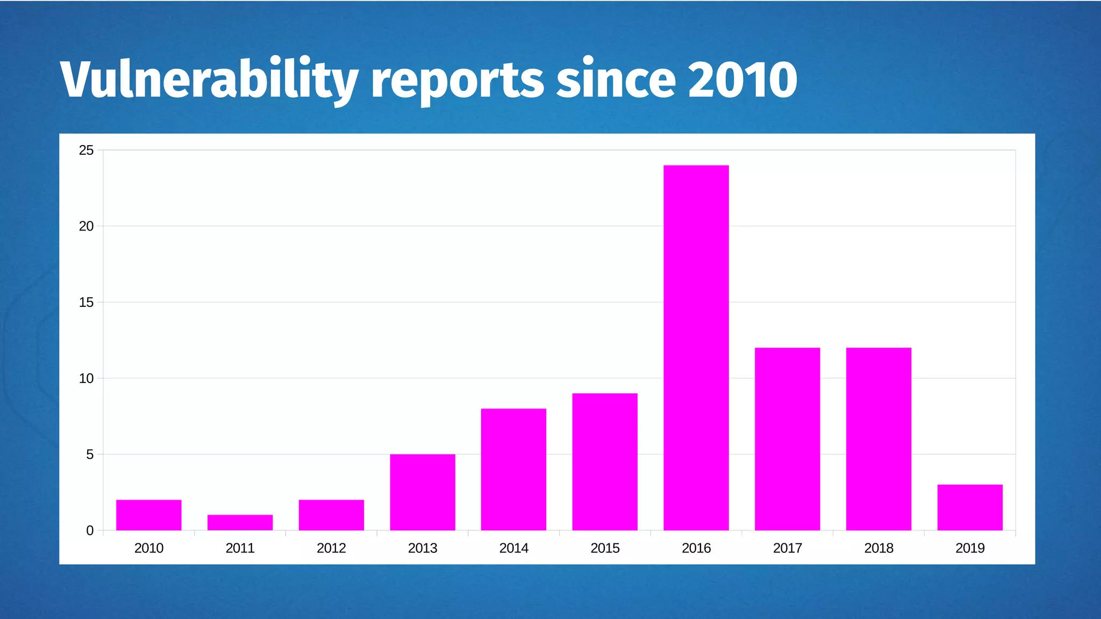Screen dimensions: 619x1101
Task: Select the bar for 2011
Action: pyautogui.click(x=240, y=523)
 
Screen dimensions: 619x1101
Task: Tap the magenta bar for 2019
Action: pyautogui.click(x=970, y=507)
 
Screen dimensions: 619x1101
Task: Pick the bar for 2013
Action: pyautogui.click(x=423, y=492)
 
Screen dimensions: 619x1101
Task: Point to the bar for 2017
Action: pyautogui.click(x=787, y=439)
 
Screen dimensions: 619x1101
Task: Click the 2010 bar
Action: pyautogui.click(x=149, y=515)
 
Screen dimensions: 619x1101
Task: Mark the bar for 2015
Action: pyautogui.click(x=605, y=462)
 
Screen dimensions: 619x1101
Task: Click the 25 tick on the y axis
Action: pyautogui.click(x=86, y=150)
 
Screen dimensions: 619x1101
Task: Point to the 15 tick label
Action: pyautogui.click(x=86, y=303)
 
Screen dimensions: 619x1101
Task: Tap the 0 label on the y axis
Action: pyautogui.click(x=90, y=531)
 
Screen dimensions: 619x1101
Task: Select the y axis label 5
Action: pyautogui.click(x=90, y=455)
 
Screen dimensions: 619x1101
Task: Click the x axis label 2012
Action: pyautogui.click(x=331, y=548)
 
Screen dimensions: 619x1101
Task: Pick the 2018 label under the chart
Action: pyautogui.click(x=878, y=548)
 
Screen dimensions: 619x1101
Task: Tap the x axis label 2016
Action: pyautogui.click(x=696, y=548)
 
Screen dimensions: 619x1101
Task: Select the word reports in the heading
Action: pyautogui.click(x=457, y=81)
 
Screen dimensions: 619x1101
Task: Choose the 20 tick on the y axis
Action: pyautogui.click(x=86, y=226)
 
